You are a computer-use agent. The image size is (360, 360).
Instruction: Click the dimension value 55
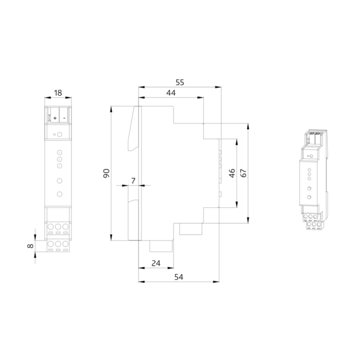click(180, 82)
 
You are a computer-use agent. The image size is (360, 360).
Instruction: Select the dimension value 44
click(171, 93)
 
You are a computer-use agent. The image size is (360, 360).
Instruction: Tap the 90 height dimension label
click(106, 173)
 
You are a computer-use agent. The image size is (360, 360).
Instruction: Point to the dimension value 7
click(133, 181)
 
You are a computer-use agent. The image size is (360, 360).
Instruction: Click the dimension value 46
click(232, 173)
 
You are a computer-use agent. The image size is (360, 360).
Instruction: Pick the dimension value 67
click(243, 173)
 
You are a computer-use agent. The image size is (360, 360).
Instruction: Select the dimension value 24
click(156, 263)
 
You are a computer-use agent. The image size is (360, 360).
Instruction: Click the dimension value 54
click(178, 277)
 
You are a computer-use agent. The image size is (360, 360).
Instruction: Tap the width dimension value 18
click(58, 93)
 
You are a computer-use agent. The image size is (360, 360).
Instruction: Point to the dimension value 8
click(30, 246)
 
